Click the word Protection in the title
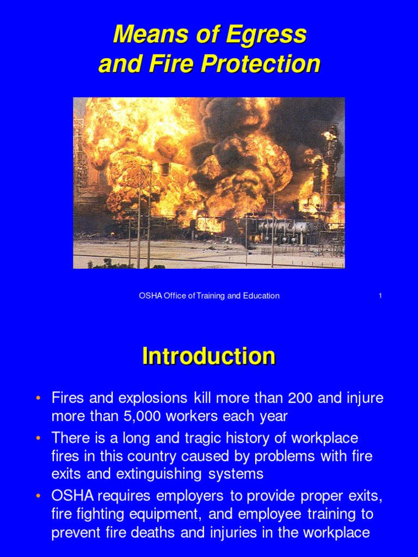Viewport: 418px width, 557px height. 260,64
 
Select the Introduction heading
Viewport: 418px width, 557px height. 208,357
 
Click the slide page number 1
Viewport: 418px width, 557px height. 380,296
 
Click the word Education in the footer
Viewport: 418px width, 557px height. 258,296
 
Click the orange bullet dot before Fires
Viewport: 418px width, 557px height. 38,398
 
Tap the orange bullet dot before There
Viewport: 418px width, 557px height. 38,438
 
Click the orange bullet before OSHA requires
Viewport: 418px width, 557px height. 38,496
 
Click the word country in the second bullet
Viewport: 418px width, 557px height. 157,456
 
